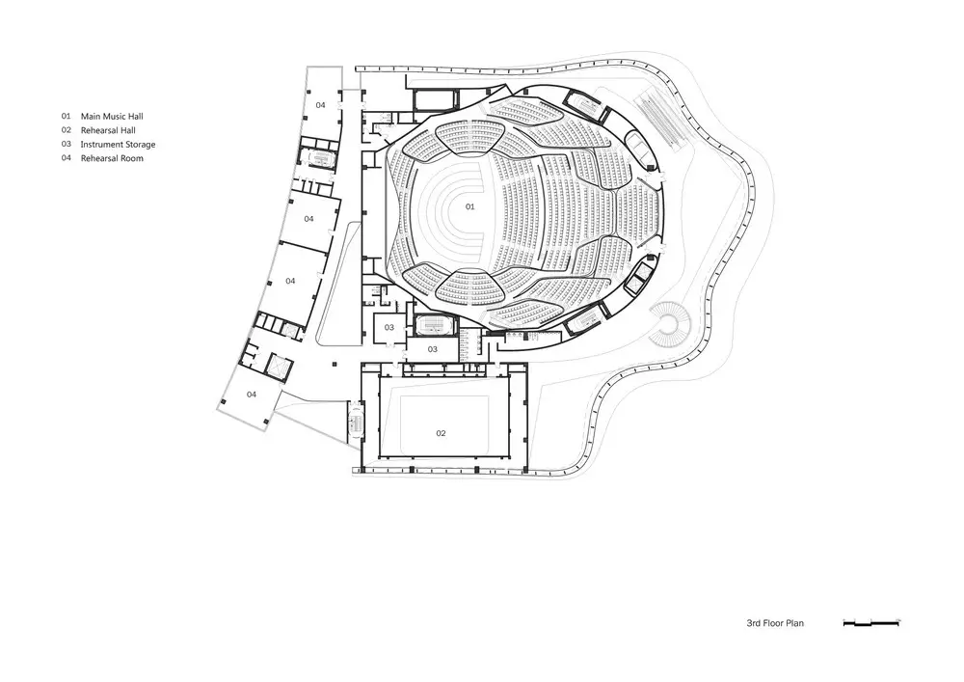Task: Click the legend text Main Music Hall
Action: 112,116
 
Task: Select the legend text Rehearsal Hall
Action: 108,130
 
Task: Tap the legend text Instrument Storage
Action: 118,145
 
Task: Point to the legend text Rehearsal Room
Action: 112,158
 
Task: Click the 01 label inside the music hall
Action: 469,206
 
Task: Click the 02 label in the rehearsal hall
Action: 441,433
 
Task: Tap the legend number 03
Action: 66,145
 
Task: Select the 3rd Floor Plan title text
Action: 775,623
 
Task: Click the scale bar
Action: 871,623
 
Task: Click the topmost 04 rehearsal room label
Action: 320,105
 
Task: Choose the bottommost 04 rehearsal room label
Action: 252,395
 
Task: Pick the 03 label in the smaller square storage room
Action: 389,327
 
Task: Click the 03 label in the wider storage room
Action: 433,349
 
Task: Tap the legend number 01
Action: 66,116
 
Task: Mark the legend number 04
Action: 66,158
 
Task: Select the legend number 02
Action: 66,130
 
